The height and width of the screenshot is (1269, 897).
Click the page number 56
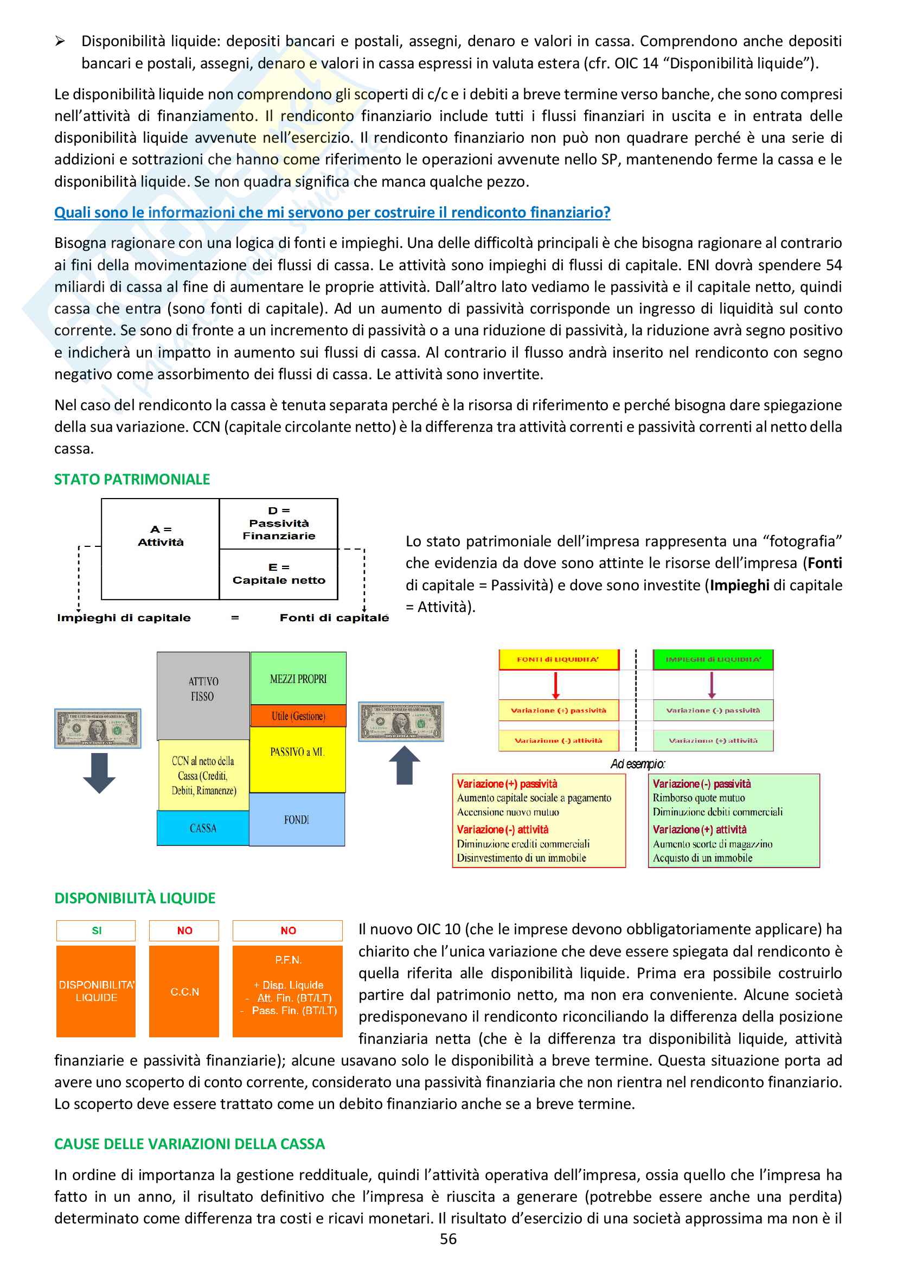click(448, 1239)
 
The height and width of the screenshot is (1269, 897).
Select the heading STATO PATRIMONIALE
click(132, 479)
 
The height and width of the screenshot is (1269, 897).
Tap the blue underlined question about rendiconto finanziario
click(332, 212)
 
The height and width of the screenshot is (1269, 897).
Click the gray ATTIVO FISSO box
click(203, 695)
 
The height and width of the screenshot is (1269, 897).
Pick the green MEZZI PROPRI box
click(298, 678)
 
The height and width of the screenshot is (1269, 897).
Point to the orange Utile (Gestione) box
click(298, 716)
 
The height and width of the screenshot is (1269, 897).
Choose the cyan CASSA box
click(203, 828)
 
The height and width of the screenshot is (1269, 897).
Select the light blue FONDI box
click(297, 820)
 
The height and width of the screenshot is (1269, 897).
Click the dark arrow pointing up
click(405, 766)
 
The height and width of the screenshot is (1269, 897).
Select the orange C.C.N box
click(184, 992)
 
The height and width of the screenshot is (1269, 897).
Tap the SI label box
click(96, 931)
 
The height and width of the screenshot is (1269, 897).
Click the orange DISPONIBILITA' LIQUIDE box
click(96, 992)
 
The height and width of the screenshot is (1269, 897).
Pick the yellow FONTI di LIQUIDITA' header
click(558, 659)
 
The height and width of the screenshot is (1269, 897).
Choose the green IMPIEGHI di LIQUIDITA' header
click(713, 659)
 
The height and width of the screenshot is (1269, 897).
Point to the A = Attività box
click(160, 549)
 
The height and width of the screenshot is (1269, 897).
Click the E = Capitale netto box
click(278, 574)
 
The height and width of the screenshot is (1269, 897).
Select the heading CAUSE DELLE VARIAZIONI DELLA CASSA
click(189, 1144)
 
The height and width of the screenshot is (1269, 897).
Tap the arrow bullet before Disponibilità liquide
click(60, 41)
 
